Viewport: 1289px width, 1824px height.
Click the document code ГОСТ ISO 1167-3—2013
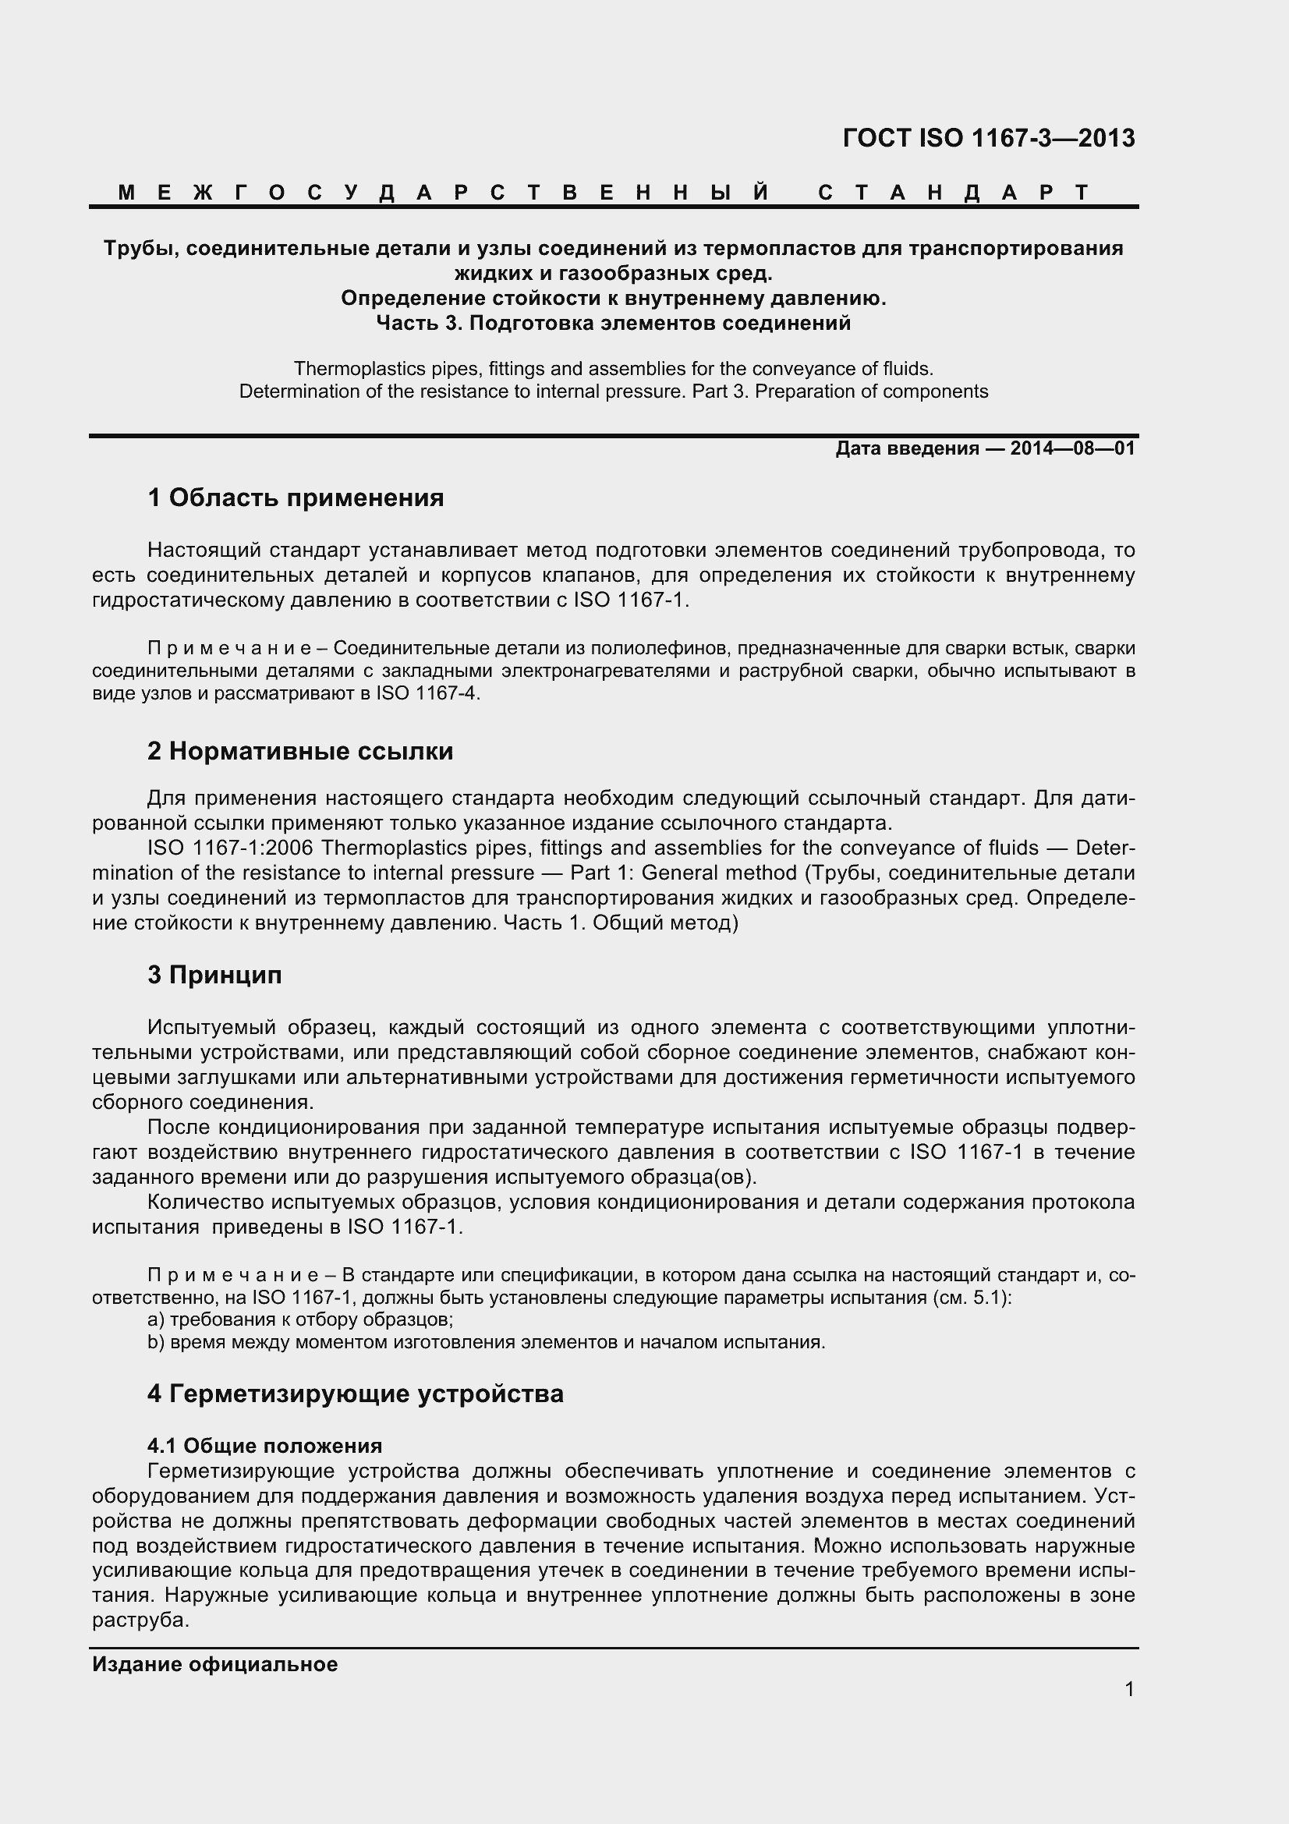[x=988, y=138]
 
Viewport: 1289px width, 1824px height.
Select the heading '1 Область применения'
[x=296, y=498]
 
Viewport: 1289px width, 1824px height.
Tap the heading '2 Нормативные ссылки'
[x=300, y=751]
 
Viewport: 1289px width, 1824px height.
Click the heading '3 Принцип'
[x=214, y=975]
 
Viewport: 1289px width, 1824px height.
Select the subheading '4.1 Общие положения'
[x=264, y=1445]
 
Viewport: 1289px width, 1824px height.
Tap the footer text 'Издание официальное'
[x=214, y=1664]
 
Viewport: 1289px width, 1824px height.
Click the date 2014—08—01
[x=1072, y=449]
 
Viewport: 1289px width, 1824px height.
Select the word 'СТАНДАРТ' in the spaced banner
[x=953, y=193]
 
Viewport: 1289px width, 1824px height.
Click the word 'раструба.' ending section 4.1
[x=140, y=1620]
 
